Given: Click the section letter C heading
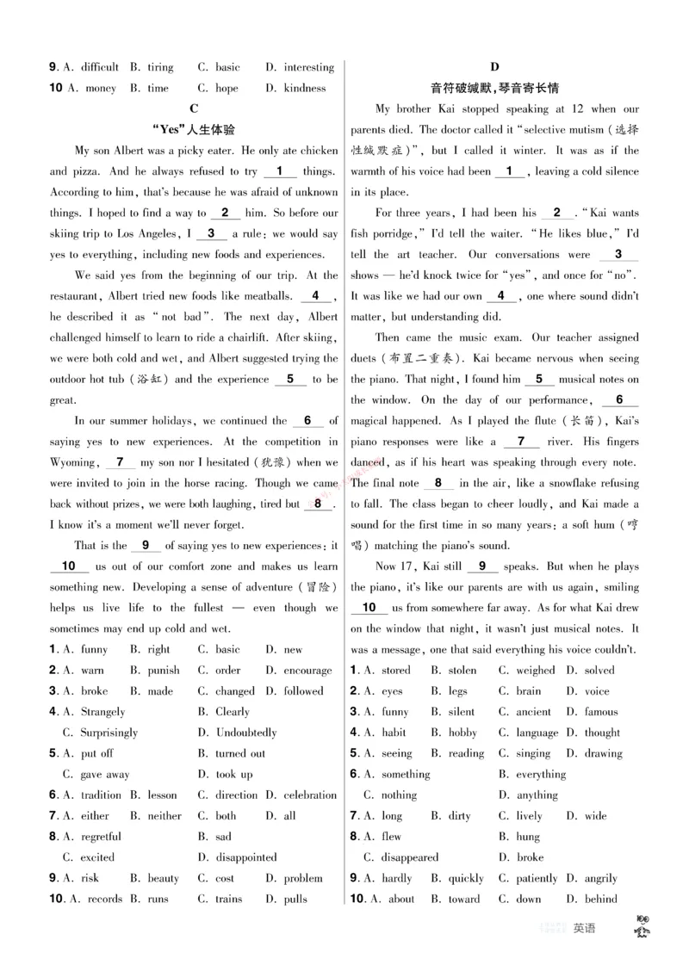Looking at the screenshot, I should click(x=193, y=108).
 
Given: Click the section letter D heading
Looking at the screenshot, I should click(x=494, y=67).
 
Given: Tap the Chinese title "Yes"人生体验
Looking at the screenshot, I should click(x=193, y=130).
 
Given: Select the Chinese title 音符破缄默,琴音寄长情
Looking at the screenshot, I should click(x=494, y=89).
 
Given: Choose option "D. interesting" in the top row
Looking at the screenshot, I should click(x=299, y=67).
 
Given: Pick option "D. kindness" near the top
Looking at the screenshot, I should click(x=295, y=88).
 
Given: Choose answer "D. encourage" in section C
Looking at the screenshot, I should click(x=298, y=671).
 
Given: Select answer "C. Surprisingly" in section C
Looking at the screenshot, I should click(x=100, y=733).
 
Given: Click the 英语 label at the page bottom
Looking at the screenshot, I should click(x=584, y=928).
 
